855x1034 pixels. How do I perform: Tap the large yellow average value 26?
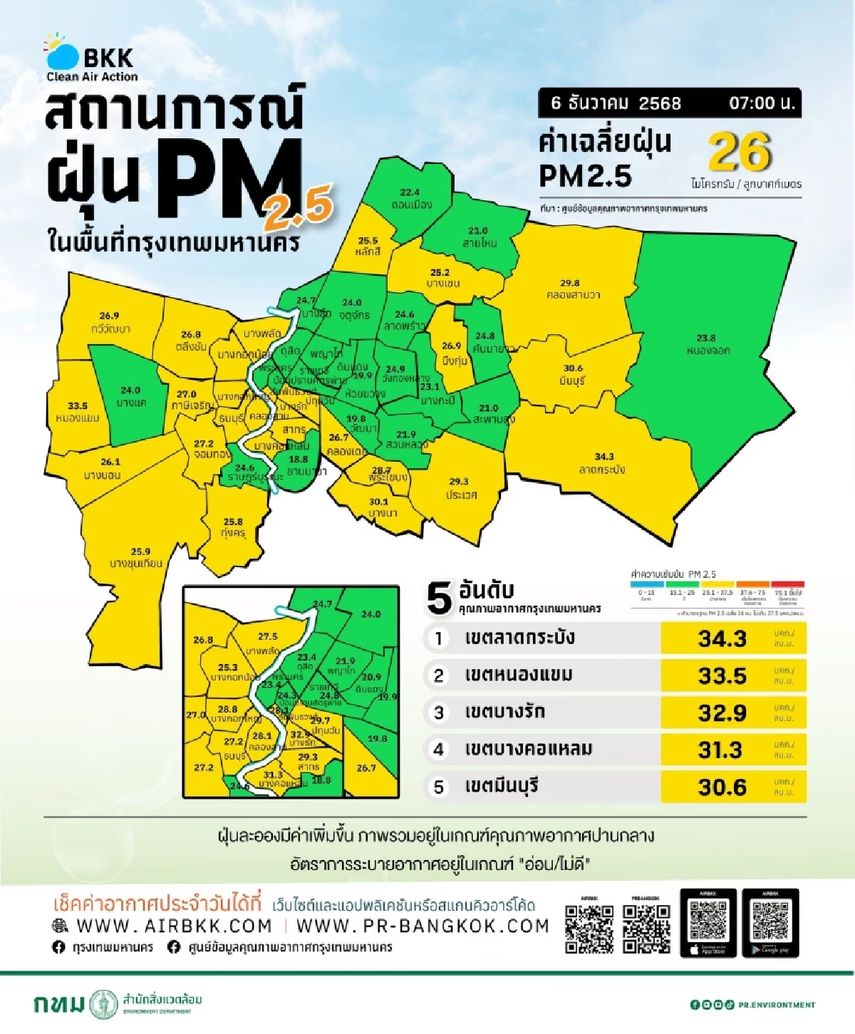click(740, 152)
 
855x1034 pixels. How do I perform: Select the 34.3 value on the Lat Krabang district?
click(603, 457)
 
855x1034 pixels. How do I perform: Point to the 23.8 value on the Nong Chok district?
click(705, 338)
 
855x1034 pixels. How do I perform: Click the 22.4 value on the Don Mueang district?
click(410, 192)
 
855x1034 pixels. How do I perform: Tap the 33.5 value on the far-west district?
click(77, 406)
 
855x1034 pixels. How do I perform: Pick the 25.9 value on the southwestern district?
click(140, 552)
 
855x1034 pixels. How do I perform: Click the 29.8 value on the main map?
click(569, 283)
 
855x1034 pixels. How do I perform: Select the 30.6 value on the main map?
click(572, 368)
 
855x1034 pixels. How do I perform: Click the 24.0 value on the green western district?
click(130, 391)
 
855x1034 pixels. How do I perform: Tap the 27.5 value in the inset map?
click(267, 636)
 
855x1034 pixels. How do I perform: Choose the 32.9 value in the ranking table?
click(721, 713)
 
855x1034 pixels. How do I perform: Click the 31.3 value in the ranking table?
click(721, 750)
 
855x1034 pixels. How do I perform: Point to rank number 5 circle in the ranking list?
click(439, 787)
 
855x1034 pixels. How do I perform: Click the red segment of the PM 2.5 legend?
click(787, 584)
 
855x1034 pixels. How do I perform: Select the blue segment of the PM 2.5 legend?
click(647, 584)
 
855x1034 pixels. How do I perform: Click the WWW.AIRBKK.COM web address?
click(174, 926)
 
